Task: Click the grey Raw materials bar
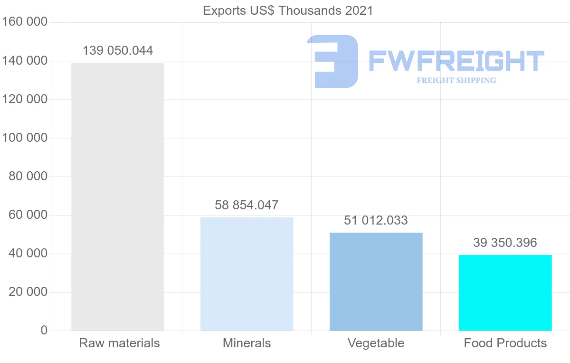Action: (x=117, y=196)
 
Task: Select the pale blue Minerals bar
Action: (x=247, y=274)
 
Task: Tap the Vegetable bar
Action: (x=376, y=282)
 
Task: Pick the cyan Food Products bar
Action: (x=505, y=293)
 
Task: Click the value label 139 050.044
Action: (x=118, y=51)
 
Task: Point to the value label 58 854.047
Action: (x=247, y=206)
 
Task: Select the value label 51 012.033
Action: (x=376, y=221)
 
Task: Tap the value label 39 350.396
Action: (x=505, y=243)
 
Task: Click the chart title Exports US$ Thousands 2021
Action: (x=288, y=10)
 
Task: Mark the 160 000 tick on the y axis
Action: (x=25, y=22)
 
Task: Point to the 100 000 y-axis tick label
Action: (x=25, y=138)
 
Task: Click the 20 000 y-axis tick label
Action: (x=28, y=292)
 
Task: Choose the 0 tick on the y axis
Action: (x=44, y=331)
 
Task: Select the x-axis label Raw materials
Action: (x=119, y=343)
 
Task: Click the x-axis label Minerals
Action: (x=247, y=343)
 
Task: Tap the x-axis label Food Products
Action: (x=505, y=343)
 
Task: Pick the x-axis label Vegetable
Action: (x=376, y=343)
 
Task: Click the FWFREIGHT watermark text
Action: (x=456, y=61)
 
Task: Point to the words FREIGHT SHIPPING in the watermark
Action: (x=456, y=80)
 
